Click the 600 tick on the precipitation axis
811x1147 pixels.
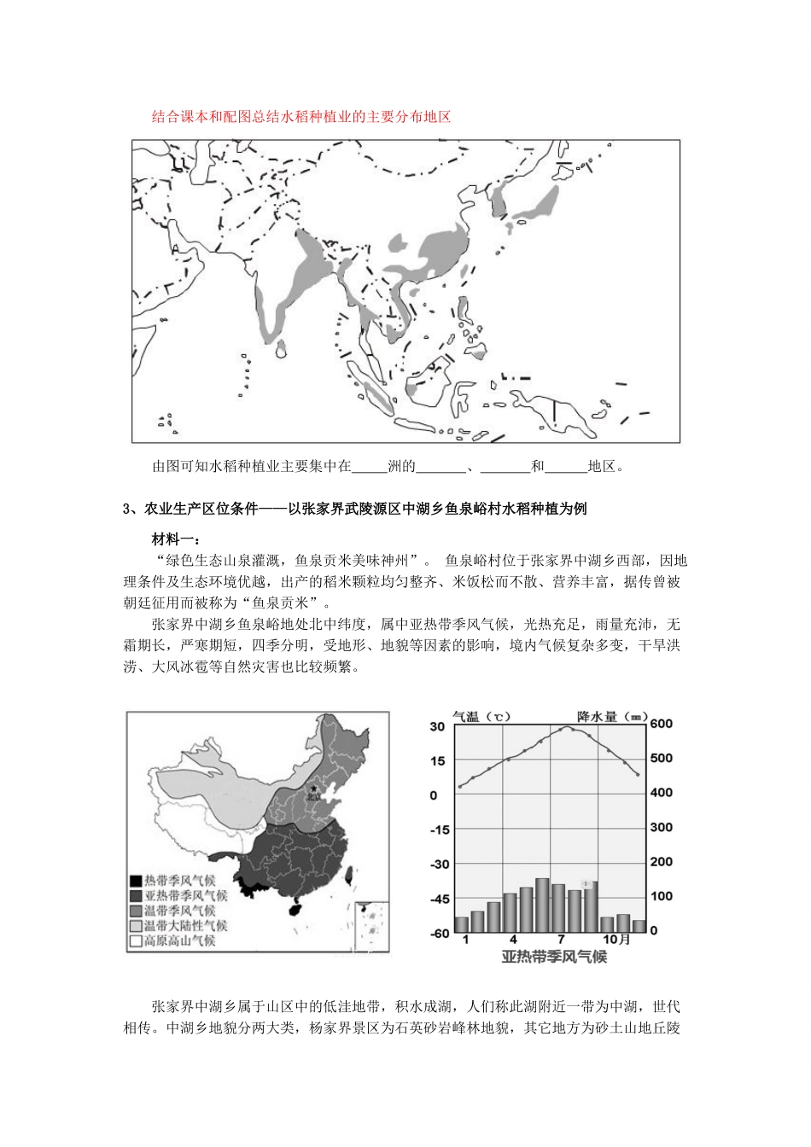662,724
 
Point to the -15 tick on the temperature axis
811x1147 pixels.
439,830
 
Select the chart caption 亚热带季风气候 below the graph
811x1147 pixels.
554,957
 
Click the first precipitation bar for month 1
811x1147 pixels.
462,924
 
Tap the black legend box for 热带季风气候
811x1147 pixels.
135,881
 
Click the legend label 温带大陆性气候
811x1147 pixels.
185,926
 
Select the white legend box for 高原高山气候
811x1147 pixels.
135,941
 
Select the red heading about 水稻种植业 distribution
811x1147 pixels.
300,117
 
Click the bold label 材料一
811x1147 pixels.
175,539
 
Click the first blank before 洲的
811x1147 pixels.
370,467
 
